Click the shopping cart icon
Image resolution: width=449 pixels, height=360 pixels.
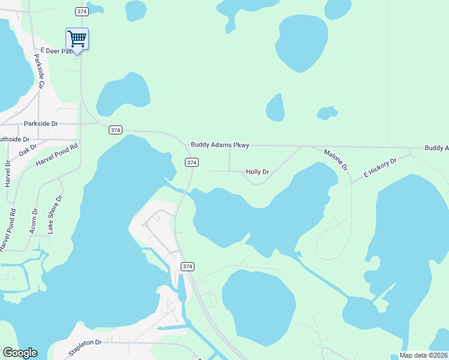click(x=77, y=39)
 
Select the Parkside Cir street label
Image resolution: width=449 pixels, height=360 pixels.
click(x=39, y=72)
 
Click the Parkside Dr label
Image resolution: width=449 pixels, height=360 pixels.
click(x=41, y=124)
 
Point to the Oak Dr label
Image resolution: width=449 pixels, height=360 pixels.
click(x=28, y=150)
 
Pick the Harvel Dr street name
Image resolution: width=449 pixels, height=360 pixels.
click(x=8, y=173)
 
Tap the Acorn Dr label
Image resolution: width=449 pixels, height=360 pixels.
click(x=34, y=220)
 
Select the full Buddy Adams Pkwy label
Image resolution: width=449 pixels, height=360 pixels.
click(x=220, y=145)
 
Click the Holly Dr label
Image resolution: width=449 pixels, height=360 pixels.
click(x=257, y=172)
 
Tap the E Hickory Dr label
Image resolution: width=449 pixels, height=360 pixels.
click(x=381, y=169)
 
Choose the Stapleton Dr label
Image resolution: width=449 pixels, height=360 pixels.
click(x=85, y=347)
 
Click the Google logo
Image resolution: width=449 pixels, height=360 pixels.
click(x=20, y=353)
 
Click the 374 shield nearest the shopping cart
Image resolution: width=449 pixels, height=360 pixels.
click(x=82, y=11)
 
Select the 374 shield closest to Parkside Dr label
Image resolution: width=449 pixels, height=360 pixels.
click(x=116, y=130)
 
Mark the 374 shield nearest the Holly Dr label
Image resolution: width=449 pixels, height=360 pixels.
click(x=191, y=163)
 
